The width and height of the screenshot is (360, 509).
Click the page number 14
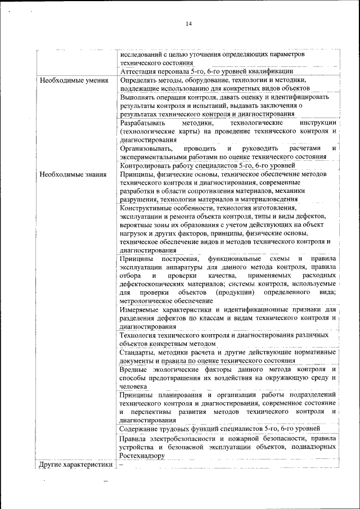click(188, 24)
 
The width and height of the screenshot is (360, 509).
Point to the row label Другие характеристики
click(74, 466)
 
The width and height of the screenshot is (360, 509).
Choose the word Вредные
click(134, 370)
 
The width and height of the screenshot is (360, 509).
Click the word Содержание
click(140, 429)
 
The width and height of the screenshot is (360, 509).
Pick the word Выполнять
click(138, 97)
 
